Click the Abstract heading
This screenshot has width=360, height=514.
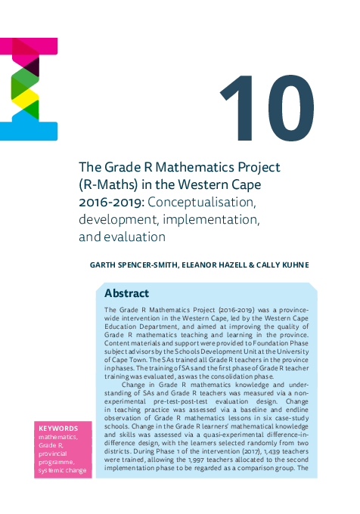[x=126, y=293]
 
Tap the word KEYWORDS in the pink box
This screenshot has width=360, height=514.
[x=58, y=428]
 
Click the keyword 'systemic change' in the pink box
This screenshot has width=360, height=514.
[x=63, y=472]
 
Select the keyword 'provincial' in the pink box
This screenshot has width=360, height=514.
[x=56, y=454]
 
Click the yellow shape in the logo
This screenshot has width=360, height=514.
[x=23, y=98]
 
